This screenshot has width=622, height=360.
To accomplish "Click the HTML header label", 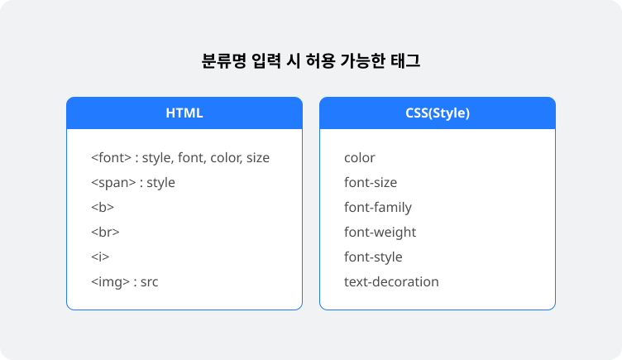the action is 184,113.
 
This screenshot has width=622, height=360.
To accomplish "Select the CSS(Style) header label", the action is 438,113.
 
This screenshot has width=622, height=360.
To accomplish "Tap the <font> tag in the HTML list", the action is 111,157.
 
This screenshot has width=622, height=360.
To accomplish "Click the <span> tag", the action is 113,183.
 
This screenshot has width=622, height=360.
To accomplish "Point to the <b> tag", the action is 103,207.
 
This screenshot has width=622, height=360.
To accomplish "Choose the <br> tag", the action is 105,232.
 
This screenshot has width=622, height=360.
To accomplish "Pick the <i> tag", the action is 100,257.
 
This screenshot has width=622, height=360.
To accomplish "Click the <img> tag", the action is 110,282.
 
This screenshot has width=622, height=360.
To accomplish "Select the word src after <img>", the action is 149,282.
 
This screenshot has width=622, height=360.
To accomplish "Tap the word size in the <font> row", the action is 258,157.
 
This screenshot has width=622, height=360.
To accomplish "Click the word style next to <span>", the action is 160,183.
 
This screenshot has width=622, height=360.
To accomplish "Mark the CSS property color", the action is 360,157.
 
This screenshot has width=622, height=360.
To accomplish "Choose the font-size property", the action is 371,183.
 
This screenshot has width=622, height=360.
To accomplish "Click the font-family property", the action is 378,207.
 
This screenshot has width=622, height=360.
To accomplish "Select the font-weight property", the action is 380,233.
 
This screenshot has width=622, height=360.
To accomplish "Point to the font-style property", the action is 373,257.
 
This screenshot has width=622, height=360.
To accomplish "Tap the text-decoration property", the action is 391,282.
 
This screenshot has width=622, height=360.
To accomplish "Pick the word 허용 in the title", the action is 321,61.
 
